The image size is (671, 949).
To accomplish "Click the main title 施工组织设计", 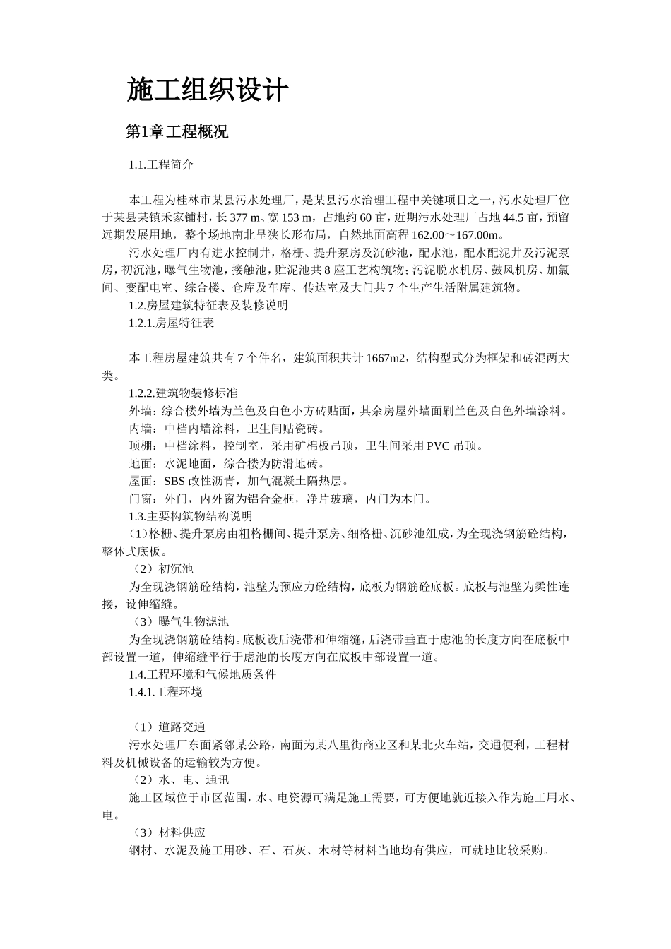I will pyautogui.click(x=208, y=90).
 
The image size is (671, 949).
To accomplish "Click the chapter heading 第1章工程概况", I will pyautogui.click(x=177, y=132).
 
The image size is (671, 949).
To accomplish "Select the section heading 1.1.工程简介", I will pyautogui.click(x=160, y=165).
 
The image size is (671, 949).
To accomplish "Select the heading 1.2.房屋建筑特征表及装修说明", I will pyautogui.click(x=208, y=306).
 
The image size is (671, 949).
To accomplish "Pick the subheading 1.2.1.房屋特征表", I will pyautogui.click(x=172, y=323).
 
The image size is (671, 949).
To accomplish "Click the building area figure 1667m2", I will pyautogui.click(x=387, y=359).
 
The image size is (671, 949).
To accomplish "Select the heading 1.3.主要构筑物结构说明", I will pyautogui.click(x=191, y=516).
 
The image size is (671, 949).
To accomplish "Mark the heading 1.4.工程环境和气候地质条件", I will pyautogui.click(x=203, y=674).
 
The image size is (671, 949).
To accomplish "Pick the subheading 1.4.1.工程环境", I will pyautogui.click(x=166, y=692).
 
